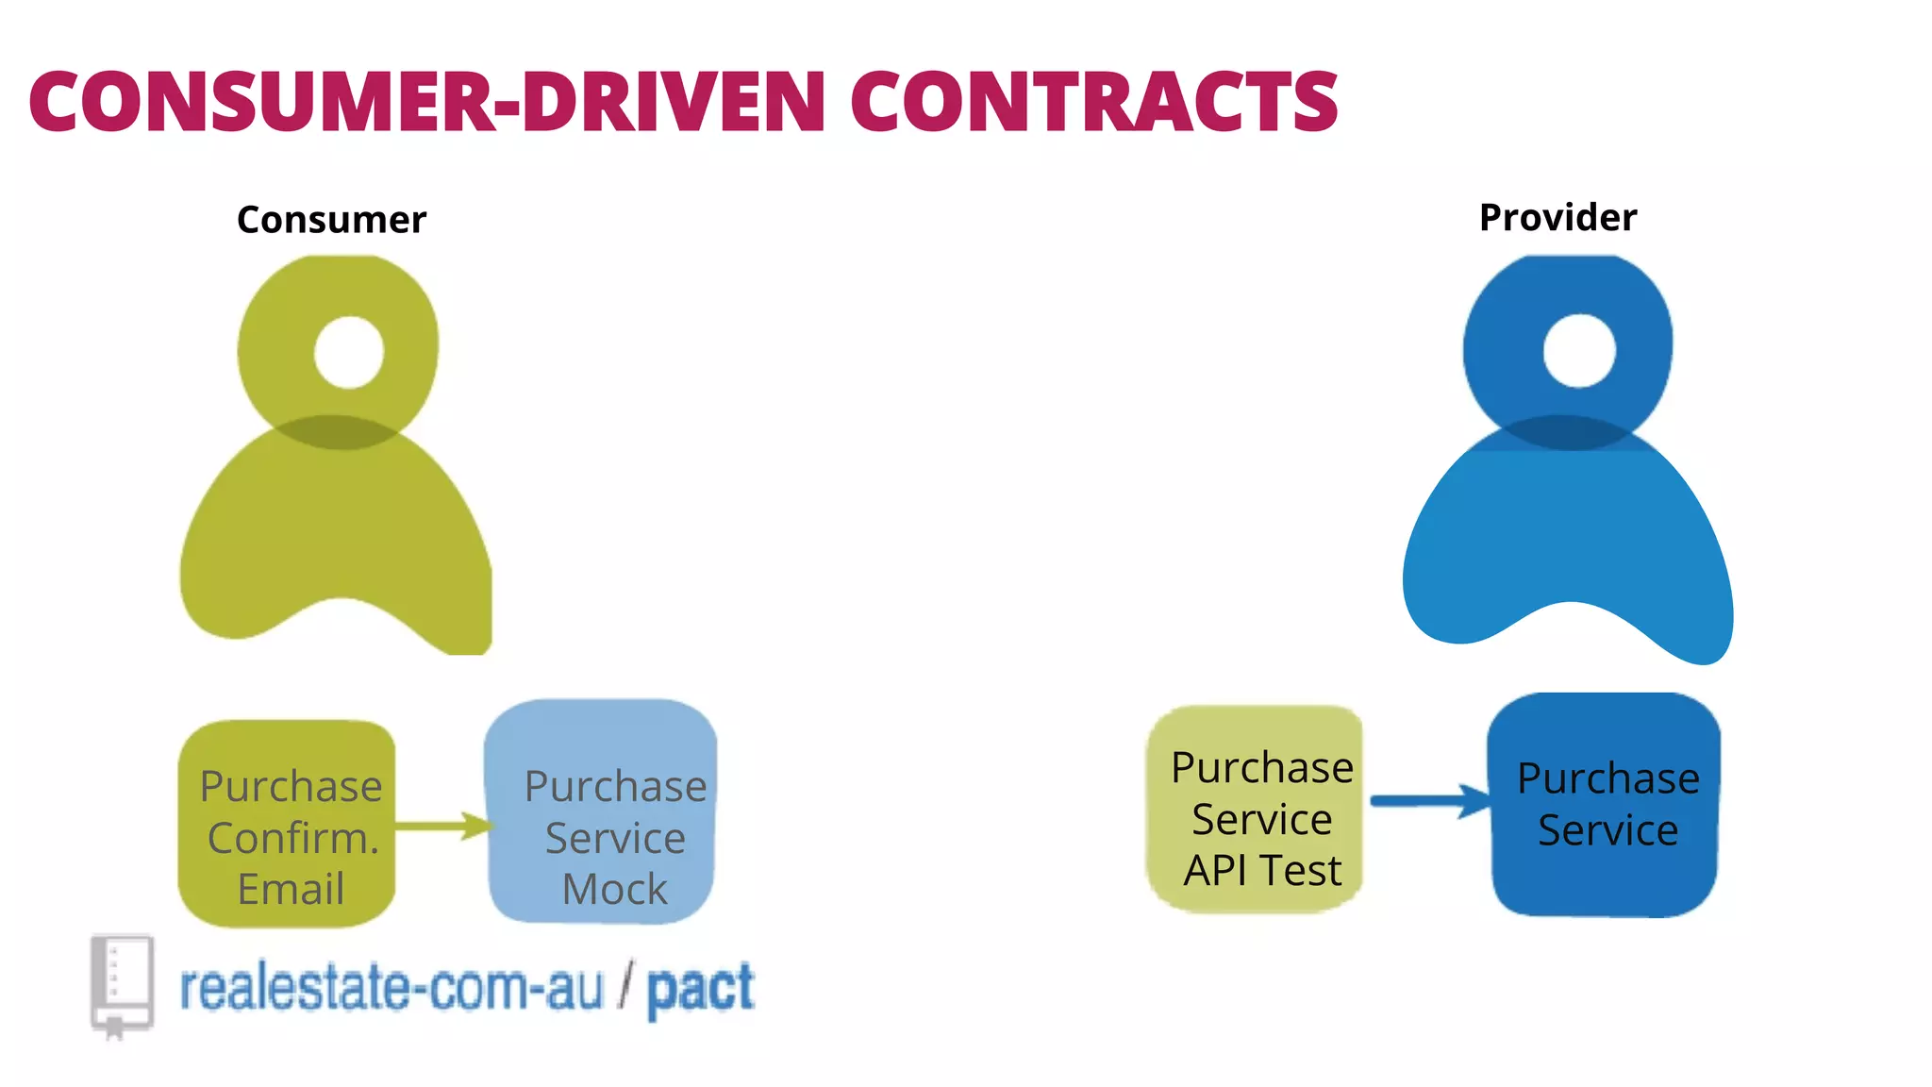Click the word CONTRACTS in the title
[x=1094, y=101]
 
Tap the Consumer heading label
[x=331, y=220]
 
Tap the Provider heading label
[x=1557, y=218]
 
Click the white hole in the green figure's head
[x=349, y=352]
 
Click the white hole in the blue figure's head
[x=1579, y=351]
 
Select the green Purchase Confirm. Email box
[x=287, y=823]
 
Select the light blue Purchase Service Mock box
[x=601, y=811]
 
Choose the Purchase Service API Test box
[x=1255, y=810]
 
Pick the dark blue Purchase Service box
[x=1604, y=805]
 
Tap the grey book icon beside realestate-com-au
[x=122, y=984]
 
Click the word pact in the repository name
[x=700, y=989]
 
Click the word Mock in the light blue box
[x=614, y=889]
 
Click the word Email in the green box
[x=291, y=889]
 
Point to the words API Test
[x=1262, y=870]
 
